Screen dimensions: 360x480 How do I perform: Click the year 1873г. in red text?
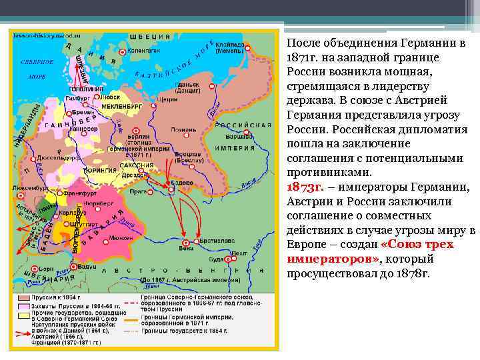pos(304,187)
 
